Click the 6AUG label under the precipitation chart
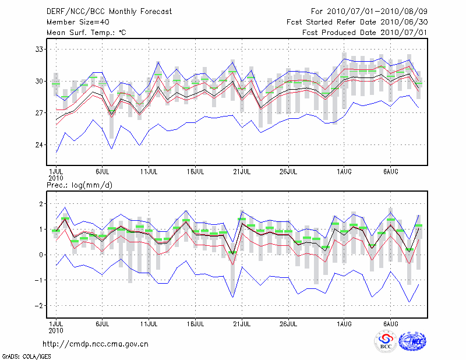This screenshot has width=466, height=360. [391, 323]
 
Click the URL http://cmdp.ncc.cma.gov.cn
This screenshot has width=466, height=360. [96, 344]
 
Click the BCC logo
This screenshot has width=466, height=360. [386, 342]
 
